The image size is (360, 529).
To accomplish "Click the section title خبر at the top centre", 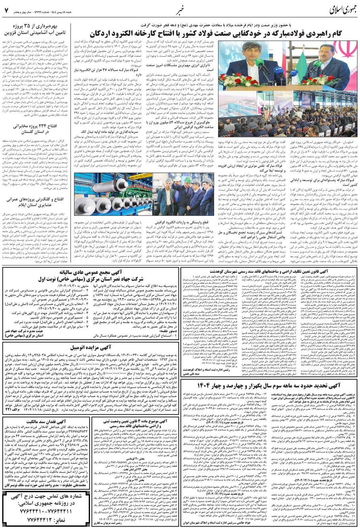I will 179,9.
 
